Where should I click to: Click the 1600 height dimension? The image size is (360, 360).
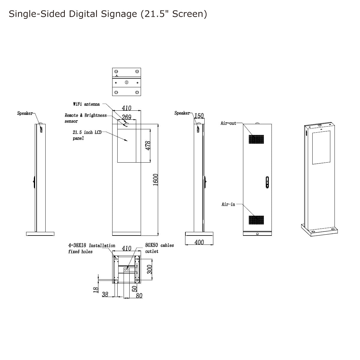[x=156, y=180]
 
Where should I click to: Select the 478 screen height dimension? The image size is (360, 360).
[x=148, y=146]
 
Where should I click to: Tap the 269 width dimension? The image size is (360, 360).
[x=127, y=117]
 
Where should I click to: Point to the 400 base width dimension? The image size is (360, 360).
[x=199, y=242]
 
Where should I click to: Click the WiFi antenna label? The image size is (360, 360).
[x=86, y=104]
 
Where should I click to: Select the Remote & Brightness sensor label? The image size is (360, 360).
[x=85, y=118]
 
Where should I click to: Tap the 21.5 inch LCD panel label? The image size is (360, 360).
[x=87, y=135]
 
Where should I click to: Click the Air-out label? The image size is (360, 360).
[x=228, y=123]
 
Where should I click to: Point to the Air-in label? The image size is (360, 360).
[x=228, y=204]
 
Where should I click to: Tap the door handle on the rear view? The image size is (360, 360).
[x=267, y=182]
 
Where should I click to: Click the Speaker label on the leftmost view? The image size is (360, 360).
[x=25, y=113]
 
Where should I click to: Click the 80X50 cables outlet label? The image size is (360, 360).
[x=159, y=248]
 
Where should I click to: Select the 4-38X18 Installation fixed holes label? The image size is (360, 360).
[x=91, y=248]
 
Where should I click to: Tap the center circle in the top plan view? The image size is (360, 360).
[x=127, y=82]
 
